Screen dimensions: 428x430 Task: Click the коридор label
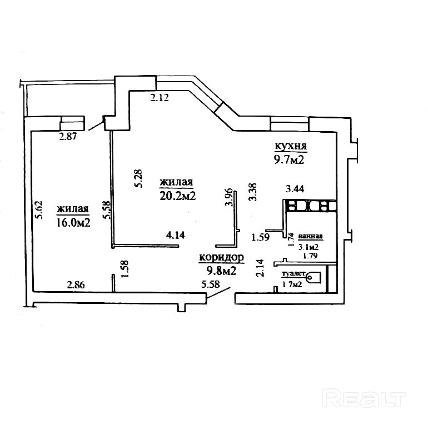click(222, 258)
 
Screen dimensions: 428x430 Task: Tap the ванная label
click(310, 236)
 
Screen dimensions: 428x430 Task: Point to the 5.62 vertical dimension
click(39, 210)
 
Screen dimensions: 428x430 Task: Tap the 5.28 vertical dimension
click(139, 179)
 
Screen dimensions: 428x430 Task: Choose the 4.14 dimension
click(176, 234)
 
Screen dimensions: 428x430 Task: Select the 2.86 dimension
click(76, 285)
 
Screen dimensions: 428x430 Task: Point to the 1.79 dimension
click(311, 257)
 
